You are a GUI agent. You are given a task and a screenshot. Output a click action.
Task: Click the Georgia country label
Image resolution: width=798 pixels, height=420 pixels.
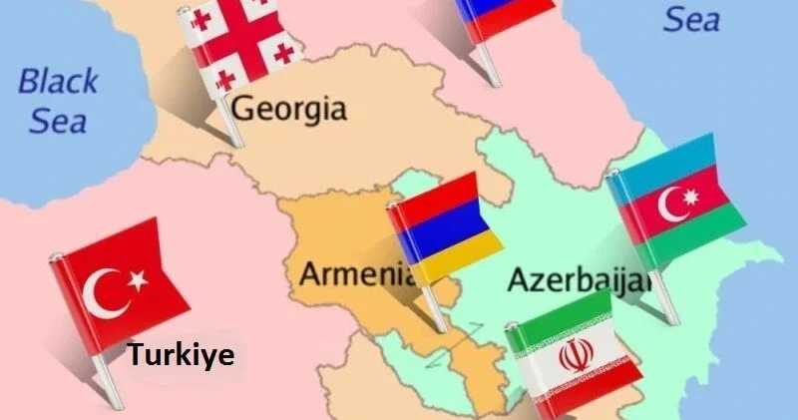[x=288, y=110]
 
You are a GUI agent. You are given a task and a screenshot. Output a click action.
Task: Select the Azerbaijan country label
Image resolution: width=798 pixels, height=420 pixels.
[x=580, y=279]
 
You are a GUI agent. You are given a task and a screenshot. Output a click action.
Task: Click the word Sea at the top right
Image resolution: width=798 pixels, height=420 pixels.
[x=691, y=18]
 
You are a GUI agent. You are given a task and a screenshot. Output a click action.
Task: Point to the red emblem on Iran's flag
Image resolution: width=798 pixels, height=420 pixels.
[x=574, y=355]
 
